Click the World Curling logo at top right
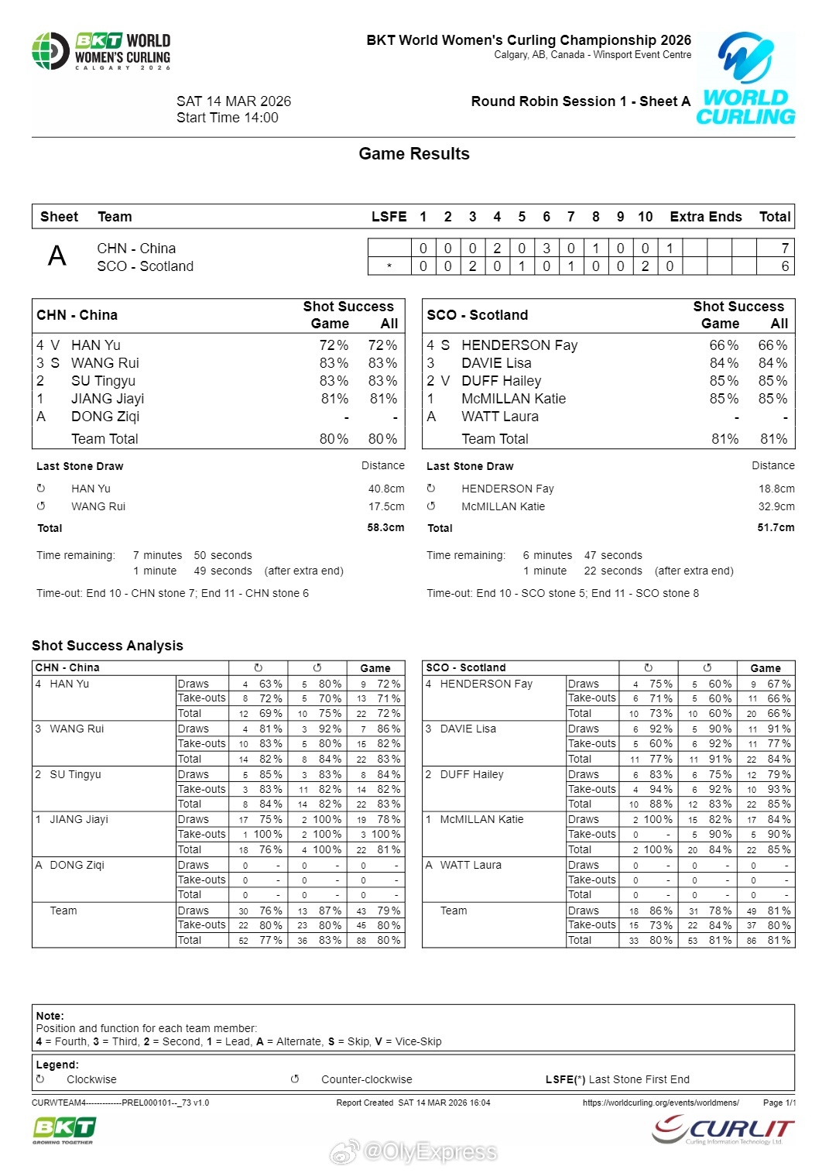pyautogui.click(x=745, y=79)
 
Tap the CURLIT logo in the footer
pyautogui.click(x=723, y=1130)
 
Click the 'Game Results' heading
pyautogui.click(x=414, y=154)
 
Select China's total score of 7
pyautogui.click(x=785, y=249)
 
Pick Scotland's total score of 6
pyautogui.click(x=785, y=266)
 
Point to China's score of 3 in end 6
pyautogui.click(x=546, y=249)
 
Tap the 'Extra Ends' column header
pyautogui.click(x=705, y=217)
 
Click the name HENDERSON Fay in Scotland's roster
pyautogui.click(x=519, y=345)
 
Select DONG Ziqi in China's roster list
pyautogui.click(x=105, y=417)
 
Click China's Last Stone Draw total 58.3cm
pyautogui.click(x=385, y=527)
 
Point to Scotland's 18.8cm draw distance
pyautogui.click(x=776, y=489)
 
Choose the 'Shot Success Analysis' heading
pyautogui.click(x=108, y=646)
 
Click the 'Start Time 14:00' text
pyautogui.click(x=228, y=118)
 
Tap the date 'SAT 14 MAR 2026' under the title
pyautogui.click(x=234, y=101)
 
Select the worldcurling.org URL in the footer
pyautogui.click(x=660, y=1103)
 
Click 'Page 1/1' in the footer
pyautogui.click(x=779, y=1103)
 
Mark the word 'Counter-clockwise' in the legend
pyautogui.click(x=366, y=1079)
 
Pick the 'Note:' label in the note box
pyautogui.click(x=50, y=1016)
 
